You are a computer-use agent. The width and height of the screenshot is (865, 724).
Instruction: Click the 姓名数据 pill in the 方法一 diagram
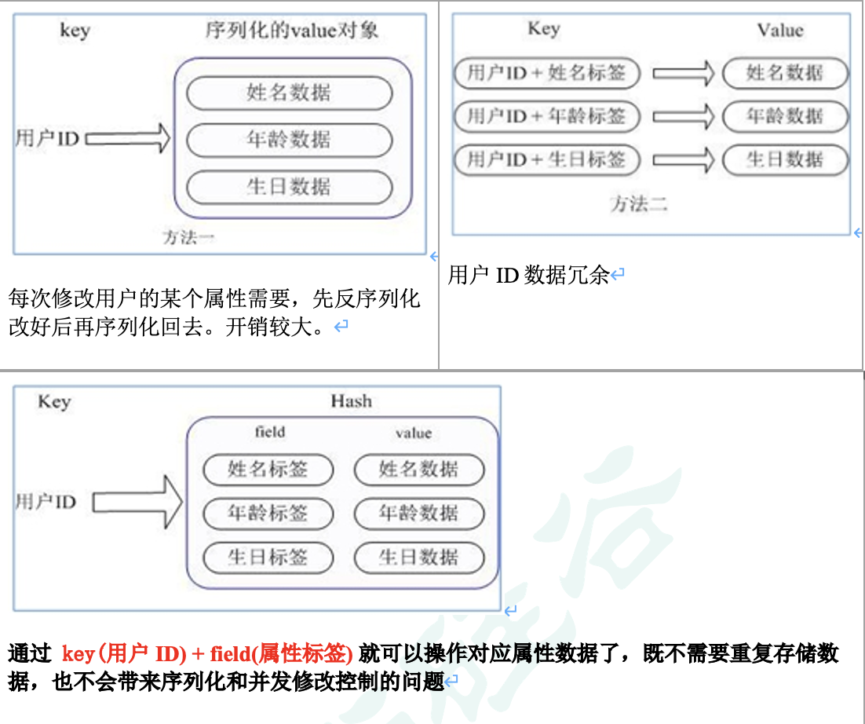[289, 93]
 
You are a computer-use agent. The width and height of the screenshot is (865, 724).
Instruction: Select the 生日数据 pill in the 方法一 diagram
[289, 188]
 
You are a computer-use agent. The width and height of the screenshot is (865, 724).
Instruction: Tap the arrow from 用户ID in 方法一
[127, 139]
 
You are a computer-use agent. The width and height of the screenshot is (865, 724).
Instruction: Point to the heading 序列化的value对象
[291, 31]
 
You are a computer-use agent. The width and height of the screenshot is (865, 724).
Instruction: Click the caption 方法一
[188, 237]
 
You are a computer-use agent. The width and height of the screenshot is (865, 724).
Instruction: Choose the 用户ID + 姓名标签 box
[546, 74]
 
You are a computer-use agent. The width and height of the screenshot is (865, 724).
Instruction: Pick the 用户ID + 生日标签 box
[546, 159]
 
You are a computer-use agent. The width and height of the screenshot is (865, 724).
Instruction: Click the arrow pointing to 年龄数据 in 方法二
[683, 117]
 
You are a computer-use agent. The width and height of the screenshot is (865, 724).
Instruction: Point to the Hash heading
[351, 401]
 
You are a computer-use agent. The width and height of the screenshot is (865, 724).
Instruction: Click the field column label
[270, 432]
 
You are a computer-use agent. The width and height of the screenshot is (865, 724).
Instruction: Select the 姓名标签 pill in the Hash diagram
[268, 470]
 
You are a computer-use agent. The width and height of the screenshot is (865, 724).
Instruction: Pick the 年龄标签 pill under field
[268, 514]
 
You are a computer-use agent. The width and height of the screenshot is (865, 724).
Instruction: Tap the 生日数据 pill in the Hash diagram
[418, 558]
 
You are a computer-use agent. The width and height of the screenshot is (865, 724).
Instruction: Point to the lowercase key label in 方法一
[75, 31]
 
